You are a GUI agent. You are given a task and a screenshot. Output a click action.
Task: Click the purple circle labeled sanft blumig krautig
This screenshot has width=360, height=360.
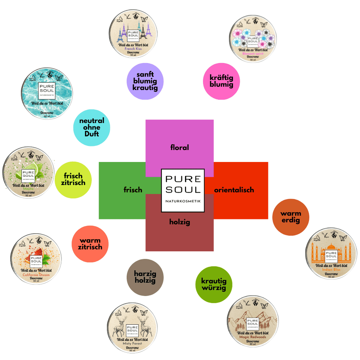point(145,81)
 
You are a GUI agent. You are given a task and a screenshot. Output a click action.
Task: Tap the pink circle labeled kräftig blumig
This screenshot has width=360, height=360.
point(221,81)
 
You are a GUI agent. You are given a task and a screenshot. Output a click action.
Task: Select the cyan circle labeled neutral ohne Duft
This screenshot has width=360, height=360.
point(91,127)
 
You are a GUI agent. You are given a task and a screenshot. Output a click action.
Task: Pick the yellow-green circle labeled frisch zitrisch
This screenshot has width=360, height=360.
point(73,179)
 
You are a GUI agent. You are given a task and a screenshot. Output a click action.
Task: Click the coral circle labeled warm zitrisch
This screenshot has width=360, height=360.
point(90,244)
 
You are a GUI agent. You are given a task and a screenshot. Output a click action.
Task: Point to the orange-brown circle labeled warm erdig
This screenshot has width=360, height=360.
point(291,217)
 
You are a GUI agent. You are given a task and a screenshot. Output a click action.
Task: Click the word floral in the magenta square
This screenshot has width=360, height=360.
point(179,147)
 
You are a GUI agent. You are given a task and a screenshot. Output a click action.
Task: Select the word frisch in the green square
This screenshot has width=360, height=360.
point(133,190)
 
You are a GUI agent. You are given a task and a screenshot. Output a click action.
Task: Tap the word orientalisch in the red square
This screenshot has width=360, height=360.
point(234,190)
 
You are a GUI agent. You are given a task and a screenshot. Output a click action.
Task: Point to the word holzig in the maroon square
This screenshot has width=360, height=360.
point(179,222)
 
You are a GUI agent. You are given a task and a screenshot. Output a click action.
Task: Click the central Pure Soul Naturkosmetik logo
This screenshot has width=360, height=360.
point(183,190)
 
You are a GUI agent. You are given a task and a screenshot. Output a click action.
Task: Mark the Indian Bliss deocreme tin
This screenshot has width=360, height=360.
point(330,253)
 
